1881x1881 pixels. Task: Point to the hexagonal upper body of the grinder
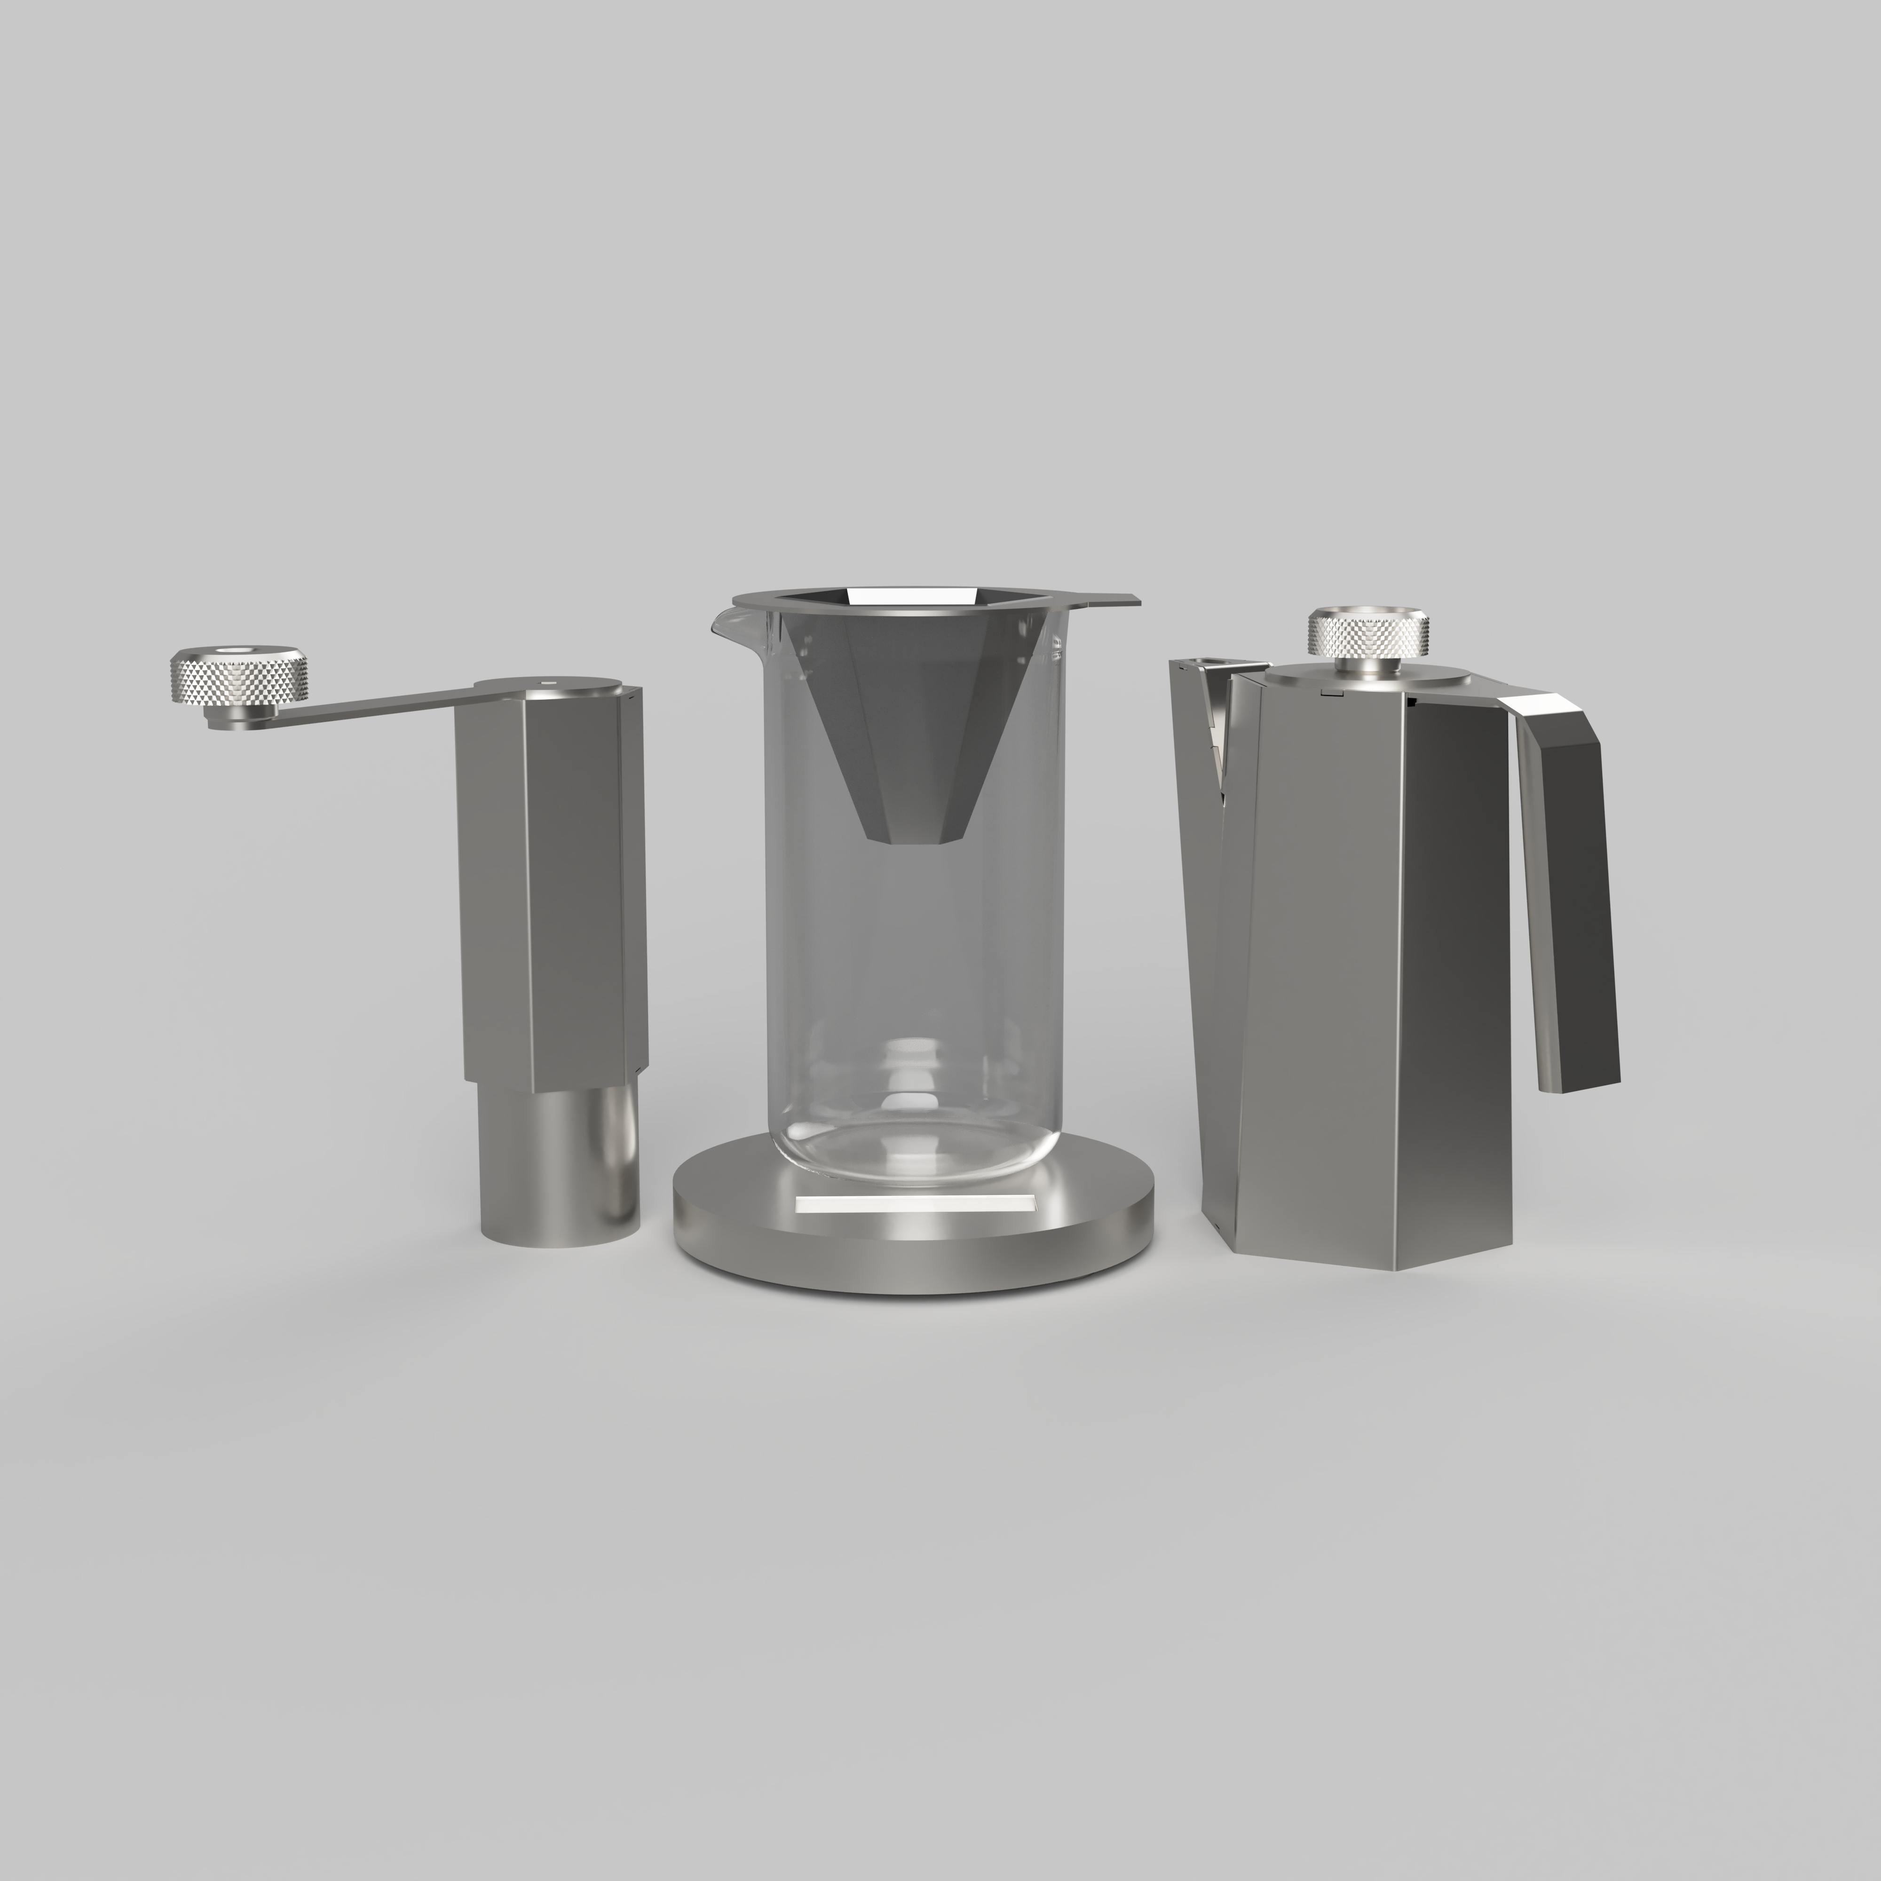point(550,886)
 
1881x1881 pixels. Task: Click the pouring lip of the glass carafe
point(723,620)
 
